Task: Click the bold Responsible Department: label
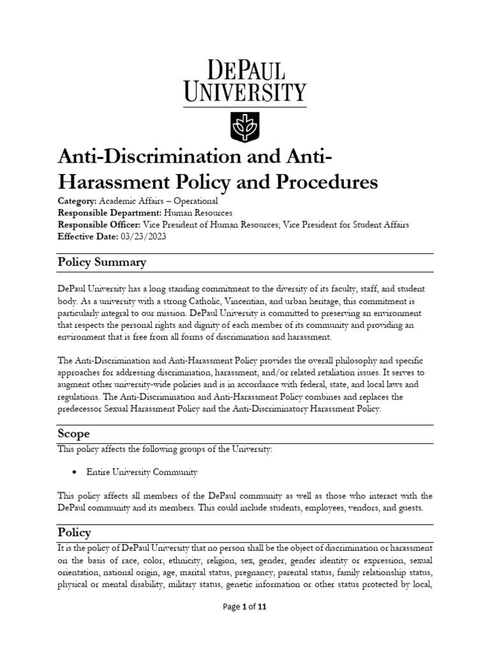[109, 213]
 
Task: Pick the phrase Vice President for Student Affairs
[345, 224]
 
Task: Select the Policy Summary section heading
[101, 262]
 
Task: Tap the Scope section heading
[73, 434]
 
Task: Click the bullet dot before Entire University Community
[75, 473]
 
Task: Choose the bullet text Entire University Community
[142, 473]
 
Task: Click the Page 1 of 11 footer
[244, 607]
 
